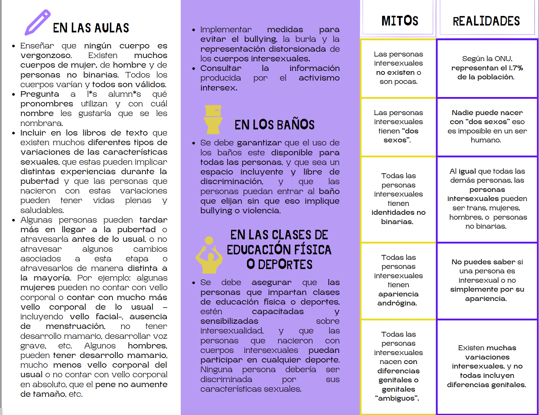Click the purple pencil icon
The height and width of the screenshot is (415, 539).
(x=37, y=23)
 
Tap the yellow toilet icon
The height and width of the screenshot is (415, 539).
(x=213, y=119)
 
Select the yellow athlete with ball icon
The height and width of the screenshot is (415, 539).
(x=209, y=255)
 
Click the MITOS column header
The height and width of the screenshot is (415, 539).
(x=399, y=21)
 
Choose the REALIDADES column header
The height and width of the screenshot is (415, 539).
(x=486, y=21)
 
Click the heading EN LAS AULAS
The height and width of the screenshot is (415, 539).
(x=91, y=28)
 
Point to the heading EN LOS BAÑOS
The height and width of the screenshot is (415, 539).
(x=274, y=125)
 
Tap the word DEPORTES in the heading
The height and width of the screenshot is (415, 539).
(x=285, y=265)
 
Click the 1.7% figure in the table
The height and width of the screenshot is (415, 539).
(x=516, y=68)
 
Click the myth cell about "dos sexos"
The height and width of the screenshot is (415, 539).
(x=398, y=126)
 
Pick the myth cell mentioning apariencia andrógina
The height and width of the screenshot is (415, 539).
(x=398, y=280)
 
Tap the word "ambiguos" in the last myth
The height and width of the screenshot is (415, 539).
(x=397, y=398)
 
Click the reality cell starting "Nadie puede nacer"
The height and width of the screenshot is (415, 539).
(x=487, y=126)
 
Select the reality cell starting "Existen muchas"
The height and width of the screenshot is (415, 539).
(x=487, y=366)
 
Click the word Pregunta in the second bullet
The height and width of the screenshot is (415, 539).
(x=40, y=94)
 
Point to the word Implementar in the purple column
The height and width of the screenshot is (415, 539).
(x=226, y=29)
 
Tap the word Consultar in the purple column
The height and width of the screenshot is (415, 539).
(x=221, y=68)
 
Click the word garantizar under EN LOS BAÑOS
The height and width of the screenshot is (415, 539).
(x=260, y=143)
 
